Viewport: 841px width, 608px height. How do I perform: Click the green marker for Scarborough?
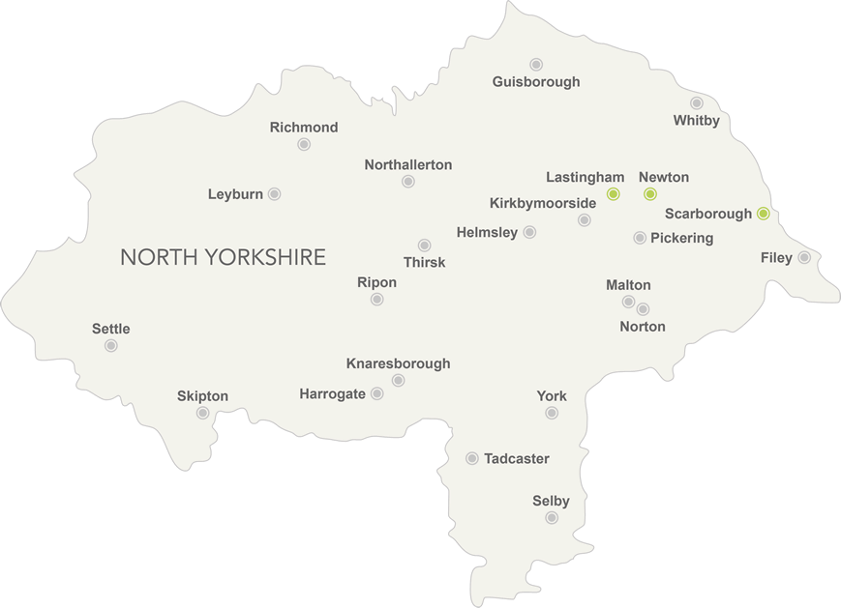pos(763,214)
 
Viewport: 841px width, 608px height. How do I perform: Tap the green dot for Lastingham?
pos(613,194)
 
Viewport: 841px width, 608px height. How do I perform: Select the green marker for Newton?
pos(650,194)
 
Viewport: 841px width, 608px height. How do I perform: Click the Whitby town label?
pos(697,121)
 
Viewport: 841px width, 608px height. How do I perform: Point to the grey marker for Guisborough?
pos(536,64)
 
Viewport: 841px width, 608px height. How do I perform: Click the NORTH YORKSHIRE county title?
pos(223,257)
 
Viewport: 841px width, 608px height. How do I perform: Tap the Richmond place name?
pos(304,128)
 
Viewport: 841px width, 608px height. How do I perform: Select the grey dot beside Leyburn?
pos(274,194)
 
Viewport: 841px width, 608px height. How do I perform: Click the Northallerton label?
pos(408,165)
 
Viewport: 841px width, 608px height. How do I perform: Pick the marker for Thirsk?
pos(424,246)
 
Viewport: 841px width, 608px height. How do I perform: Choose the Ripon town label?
pos(376,282)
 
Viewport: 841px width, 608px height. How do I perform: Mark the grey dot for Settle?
pos(111,345)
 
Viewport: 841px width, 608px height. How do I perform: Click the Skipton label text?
pos(202,396)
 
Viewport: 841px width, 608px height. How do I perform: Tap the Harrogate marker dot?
pos(376,393)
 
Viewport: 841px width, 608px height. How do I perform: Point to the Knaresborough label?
pos(398,363)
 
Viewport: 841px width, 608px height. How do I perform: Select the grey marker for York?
pos(552,413)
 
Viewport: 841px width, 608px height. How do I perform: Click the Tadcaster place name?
pos(517,458)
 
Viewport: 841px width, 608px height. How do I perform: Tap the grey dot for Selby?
pos(552,518)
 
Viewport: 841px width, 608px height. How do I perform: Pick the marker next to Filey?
pos(804,257)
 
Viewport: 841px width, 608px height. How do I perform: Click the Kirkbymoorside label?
pos(543,203)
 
